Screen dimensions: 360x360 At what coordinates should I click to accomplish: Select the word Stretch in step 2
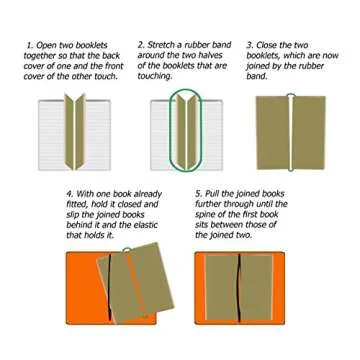[x=163, y=46]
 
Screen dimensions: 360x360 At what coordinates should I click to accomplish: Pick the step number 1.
[x=30, y=46]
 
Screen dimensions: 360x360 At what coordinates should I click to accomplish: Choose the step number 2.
[x=141, y=46]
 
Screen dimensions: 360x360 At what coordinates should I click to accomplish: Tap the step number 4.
[x=68, y=193]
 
